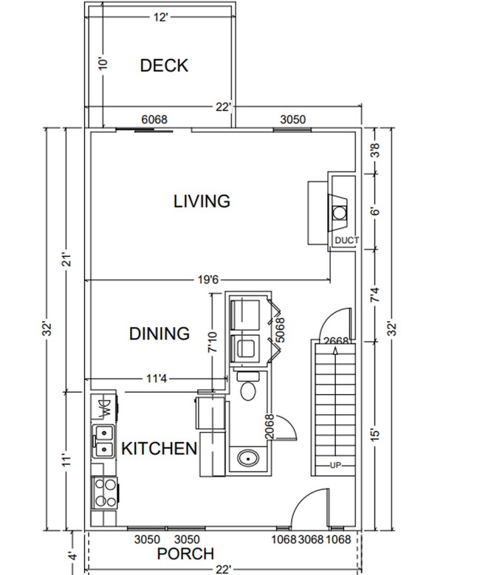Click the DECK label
pos(164,66)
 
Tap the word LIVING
pos(202,201)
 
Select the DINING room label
pos(160,334)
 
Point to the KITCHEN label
pos(159,448)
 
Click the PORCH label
pos(185,554)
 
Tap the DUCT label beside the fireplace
pos(346,241)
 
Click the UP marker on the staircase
pos(336,466)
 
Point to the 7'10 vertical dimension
pos(213,340)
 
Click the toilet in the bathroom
pos(248,389)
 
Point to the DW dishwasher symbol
pos(103,406)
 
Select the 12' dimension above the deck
pos(161,18)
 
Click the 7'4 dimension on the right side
pos(374,296)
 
